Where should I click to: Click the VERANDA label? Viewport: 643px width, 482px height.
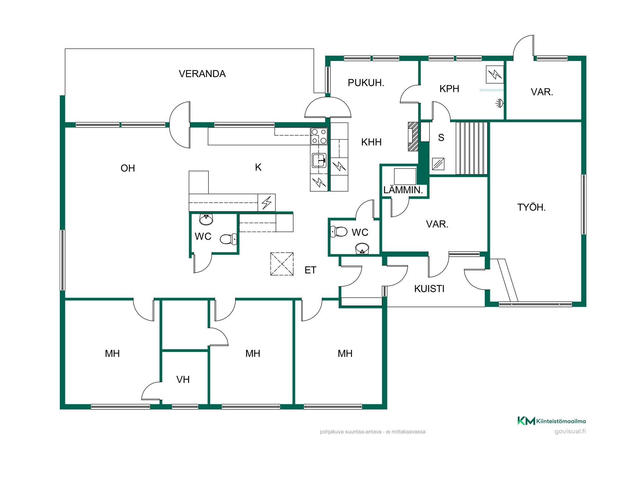(202, 74)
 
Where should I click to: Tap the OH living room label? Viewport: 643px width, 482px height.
(128, 168)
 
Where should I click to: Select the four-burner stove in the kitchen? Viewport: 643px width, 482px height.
(319, 136)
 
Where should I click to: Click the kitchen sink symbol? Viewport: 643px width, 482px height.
(319, 160)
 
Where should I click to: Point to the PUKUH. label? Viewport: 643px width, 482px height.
(366, 83)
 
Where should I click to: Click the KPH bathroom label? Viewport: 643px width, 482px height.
(449, 89)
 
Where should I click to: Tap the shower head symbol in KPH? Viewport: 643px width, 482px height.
(499, 103)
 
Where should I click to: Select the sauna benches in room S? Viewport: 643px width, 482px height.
(471, 148)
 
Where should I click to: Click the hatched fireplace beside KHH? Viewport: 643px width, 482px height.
(413, 137)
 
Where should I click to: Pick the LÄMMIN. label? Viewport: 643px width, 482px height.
(403, 190)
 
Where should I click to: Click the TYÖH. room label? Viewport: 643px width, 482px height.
(531, 207)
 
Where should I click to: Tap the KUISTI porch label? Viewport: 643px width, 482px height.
(429, 289)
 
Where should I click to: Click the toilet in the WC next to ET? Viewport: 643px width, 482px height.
(339, 231)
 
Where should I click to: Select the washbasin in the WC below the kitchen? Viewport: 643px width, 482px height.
(206, 219)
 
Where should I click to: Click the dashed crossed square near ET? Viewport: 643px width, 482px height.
(282, 264)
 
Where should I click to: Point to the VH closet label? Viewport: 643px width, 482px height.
(183, 379)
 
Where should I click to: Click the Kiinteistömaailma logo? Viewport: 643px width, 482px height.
(552, 421)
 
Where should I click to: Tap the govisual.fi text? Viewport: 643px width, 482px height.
(570, 431)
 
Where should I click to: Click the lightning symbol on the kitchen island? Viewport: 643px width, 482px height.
(267, 203)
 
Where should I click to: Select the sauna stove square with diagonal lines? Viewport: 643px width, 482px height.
(438, 164)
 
